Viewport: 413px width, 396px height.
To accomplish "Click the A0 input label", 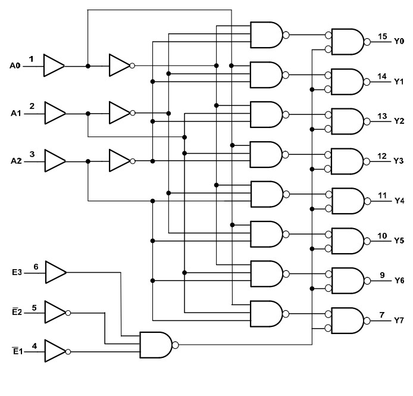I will [15, 65].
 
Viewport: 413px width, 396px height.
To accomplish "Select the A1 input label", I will [15, 112].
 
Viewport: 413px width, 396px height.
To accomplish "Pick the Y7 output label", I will [399, 320].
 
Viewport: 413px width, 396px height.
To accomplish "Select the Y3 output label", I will [399, 161].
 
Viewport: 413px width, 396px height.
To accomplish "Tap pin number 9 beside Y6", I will [382, 275].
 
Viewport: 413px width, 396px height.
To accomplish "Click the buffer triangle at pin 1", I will [54, 66].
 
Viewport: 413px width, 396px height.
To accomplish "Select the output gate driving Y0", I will [348, 42].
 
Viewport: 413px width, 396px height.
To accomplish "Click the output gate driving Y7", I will [348, 320].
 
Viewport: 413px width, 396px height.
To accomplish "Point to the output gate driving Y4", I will [348, 201].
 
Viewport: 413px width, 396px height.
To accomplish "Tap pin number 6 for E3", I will [36, 266].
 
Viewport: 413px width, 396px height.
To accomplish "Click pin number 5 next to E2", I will [34, 307].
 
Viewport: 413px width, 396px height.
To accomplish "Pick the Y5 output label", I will [399, 241].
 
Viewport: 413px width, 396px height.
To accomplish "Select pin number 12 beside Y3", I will [382, 156].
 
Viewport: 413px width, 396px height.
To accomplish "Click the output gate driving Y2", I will [348, 121].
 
